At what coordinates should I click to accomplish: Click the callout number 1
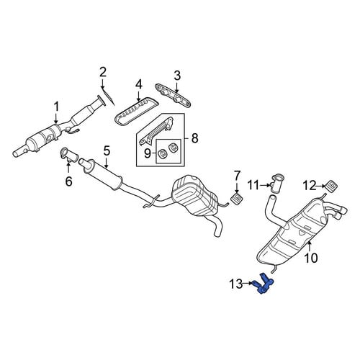click(56, 107)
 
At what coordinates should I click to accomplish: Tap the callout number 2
click(103, 72)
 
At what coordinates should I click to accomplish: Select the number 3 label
click(177, 76)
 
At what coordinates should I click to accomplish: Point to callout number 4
click(139, 85)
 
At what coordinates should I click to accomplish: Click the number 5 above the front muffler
click(107, 151)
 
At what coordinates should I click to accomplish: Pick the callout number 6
click(68, 181)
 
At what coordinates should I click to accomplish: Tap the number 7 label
click(237, 176)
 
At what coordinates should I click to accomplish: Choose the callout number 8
click(194, 138)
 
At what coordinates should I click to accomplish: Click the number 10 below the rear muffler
click(311, 258)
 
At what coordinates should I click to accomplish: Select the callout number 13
click(236, 284)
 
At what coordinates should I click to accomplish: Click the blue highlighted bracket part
click(262, 284)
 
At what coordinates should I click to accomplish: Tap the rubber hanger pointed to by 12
click(331, 185)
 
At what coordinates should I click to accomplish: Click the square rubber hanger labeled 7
click(237, 199)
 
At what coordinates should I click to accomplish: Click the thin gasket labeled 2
click(108, 97)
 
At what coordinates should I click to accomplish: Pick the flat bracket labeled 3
click(173, 96)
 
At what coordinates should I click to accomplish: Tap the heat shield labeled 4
click(136, 112)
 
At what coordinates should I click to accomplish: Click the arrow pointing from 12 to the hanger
click(321, 185)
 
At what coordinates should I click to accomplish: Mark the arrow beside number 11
click(266, 185)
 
